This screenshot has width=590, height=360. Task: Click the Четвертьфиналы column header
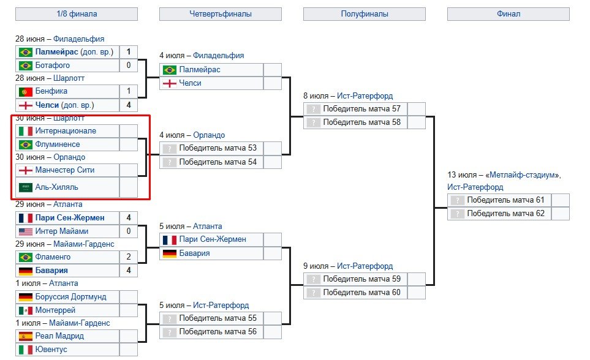coord(220,13)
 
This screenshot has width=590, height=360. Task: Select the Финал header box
coord(509,13)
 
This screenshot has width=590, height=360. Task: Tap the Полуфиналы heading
coord(364,13)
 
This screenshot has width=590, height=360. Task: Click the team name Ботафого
coord(53,66)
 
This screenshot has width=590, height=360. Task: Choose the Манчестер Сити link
coord(65,170)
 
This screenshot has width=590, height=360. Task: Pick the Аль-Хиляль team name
coord(57,187)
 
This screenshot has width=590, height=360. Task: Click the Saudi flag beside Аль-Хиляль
coord(26,187)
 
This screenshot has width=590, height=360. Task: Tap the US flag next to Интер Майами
coord(26,231)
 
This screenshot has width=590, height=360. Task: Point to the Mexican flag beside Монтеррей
coord(26,310)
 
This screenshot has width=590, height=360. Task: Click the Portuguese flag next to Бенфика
coord(26,91)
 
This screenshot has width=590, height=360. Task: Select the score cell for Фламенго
coord(129,257)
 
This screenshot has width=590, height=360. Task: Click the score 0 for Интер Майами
coord(129,231)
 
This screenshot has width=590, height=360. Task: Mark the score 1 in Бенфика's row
coord(129,91)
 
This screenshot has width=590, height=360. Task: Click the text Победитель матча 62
coord(505,214)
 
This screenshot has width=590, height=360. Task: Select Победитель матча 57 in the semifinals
coord(361,109)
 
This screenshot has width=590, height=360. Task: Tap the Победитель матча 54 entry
coord(217,162)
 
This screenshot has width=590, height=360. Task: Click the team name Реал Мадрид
coord(60,336)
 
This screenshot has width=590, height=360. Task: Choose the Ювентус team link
coord(51,350)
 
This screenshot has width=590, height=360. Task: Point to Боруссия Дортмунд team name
coord(70,297)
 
